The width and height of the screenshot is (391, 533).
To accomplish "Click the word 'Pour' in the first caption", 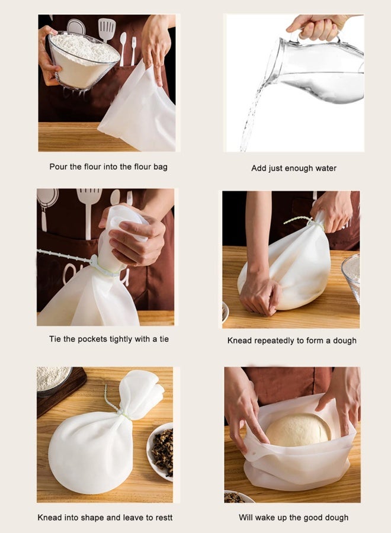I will tap(59, 166).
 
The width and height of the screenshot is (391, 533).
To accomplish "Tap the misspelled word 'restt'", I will tap(162, 518).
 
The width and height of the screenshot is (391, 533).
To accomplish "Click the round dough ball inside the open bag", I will tap(298, 430).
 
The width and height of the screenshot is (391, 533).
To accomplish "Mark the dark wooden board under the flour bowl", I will tap(59, 391).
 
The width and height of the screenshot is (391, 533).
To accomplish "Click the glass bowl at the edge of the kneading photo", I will tap(351, 275).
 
